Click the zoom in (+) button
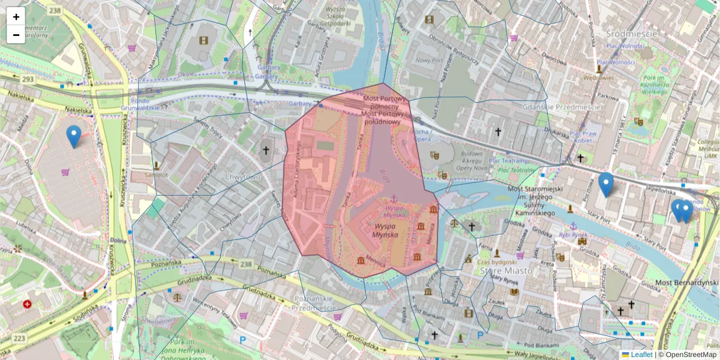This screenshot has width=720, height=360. (x=16, y=17)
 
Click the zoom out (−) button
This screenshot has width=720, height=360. (x=16, y=35)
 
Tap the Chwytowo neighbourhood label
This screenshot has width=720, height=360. (x=243, y=177)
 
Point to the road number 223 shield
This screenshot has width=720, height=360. (x=19, y=338)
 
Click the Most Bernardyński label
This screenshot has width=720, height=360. (x=686, y=283)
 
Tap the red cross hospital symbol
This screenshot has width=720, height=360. (x=27, y=304)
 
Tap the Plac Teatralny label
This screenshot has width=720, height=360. (x=508, y=161)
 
